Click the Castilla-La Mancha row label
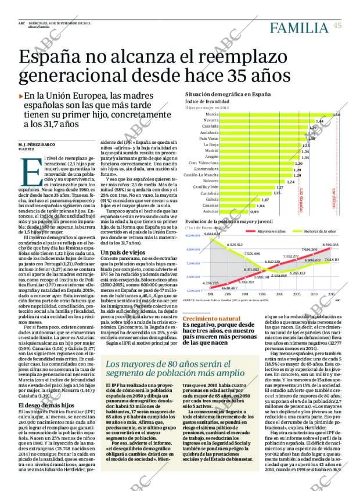(201, 175)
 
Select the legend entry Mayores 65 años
(256, 231)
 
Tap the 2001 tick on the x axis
(279, 294)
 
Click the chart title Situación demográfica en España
(227, 93)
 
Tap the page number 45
(337, 24)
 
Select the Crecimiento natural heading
(211, 319)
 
